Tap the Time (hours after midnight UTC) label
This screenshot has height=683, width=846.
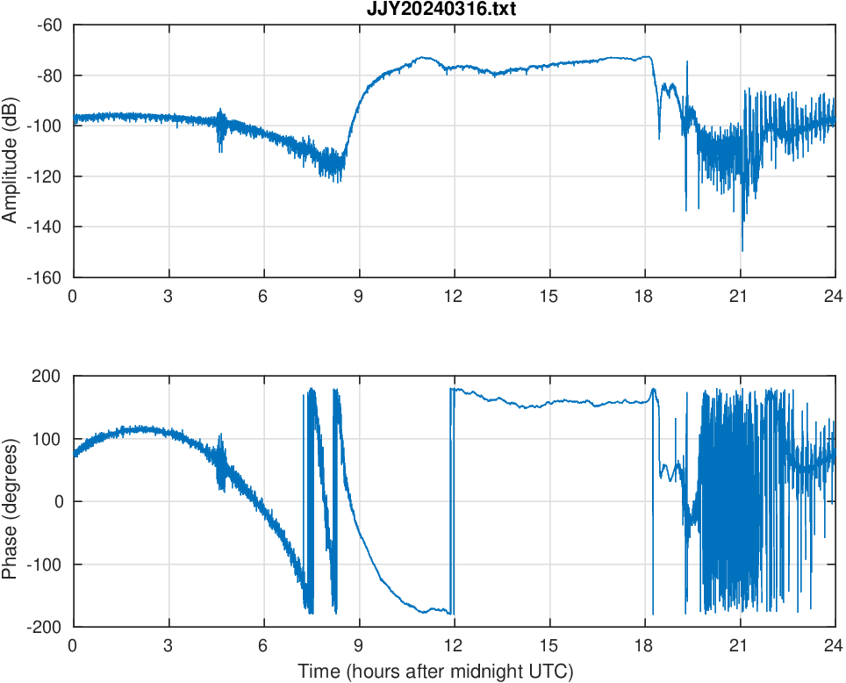(x=435, y=672)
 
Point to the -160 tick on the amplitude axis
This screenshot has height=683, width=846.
(x=48, y=277)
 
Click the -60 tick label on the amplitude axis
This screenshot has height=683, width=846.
(x=51, y=25)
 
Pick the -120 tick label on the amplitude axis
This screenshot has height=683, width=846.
(x=48, y=176)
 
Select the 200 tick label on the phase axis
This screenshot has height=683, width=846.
(x=52, y=377)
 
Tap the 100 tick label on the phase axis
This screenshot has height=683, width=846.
(x=52, y=439)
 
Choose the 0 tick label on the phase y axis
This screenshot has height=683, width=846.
(x=61, y=501)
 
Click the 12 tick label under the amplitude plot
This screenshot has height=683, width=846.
(x=454, y=296)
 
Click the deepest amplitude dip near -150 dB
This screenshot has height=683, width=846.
(x=742, y=249)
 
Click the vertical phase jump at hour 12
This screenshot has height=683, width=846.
(x=452, y=500)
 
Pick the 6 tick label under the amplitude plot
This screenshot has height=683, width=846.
(x=263, y=296)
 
